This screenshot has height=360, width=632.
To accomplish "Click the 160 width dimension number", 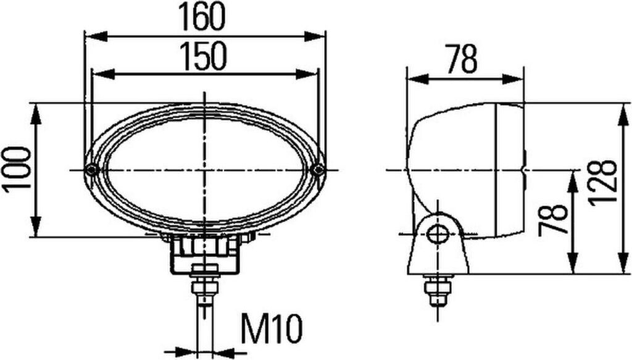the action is tap(202, 17).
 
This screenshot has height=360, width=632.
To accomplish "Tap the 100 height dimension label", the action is tap(17, 169).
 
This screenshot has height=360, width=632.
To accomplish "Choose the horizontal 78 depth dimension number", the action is tap(462, 59).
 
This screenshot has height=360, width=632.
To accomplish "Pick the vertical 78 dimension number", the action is tap(553, 219).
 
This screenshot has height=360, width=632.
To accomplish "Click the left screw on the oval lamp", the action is tap(91, 170).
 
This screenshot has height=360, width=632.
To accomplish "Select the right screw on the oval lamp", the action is tap(319, 170).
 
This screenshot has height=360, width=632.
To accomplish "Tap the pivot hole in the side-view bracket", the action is tap(438, 234).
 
